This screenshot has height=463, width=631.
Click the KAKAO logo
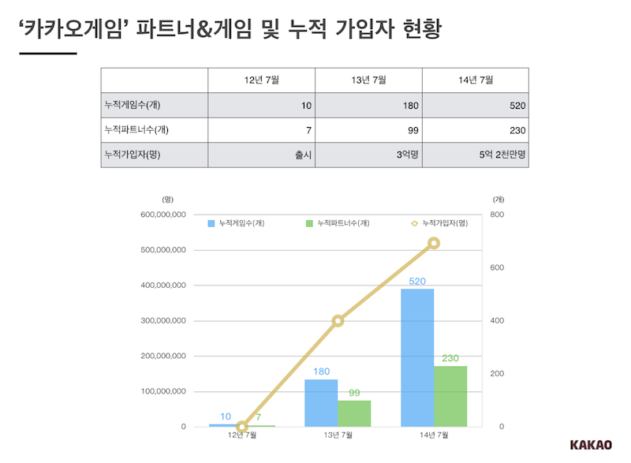point(591,445)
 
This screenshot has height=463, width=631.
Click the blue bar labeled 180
point(321,402)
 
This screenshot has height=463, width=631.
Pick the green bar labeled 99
point(354,413)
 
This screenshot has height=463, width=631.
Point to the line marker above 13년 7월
point(338,321)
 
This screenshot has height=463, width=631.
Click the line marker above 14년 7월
point(434,243)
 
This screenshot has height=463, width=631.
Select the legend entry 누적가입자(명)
point(439,224)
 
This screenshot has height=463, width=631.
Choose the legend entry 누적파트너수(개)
point(337,224)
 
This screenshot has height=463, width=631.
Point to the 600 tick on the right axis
point(496,268)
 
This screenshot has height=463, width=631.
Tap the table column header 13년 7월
point(368,80)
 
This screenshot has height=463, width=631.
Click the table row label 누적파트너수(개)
point(132,130)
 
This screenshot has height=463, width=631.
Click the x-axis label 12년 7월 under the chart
point(241,435)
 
